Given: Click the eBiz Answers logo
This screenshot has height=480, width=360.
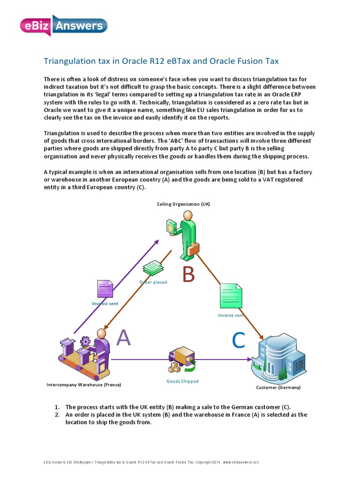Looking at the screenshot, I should pyautogui.click(x=64, y=25).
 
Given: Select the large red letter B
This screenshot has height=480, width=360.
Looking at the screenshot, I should pyautogui.click(x=188, y=275).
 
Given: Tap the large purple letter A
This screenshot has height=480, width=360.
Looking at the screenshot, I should pyautogui.click(x=123, y=337).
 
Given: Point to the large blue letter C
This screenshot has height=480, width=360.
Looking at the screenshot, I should pyautogui.click(x=239, y=341).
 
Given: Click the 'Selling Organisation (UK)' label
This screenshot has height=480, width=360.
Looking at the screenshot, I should pyautogui.click(x=183, y=204).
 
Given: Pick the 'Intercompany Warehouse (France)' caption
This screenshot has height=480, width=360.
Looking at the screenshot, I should pyautogui.click(x=84, y=385).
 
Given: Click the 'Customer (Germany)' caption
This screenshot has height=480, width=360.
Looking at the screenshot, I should pyautogui.click(x=278, y=388).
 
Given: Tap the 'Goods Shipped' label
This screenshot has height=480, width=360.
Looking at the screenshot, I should pyautogui.click(x=182, y=381).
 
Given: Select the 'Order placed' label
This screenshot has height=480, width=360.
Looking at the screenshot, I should pyautogui.click(x=153, y=282).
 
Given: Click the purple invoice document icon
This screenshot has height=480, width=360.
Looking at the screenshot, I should pyautogui.click(x=105, y=289).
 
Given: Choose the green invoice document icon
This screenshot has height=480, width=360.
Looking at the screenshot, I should pyautogui.click(x=231, y=296).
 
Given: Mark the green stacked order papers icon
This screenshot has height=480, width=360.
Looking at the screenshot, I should pyautogui.click(x=152, y=269).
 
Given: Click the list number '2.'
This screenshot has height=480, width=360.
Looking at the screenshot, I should pyautogui.click(x=57, y=414).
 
